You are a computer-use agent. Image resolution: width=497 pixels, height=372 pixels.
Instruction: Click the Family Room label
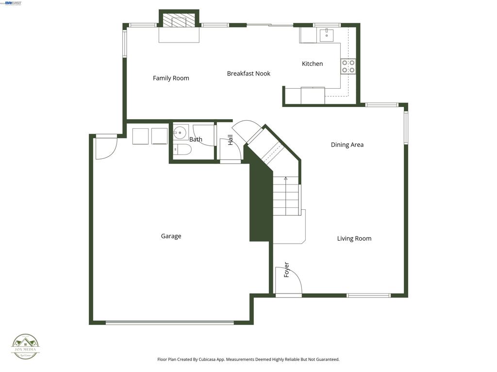171,78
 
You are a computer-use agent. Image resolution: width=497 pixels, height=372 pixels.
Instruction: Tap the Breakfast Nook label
248,74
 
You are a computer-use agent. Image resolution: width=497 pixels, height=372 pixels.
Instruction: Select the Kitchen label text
312,64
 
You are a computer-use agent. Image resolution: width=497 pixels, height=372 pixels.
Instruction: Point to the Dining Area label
347,145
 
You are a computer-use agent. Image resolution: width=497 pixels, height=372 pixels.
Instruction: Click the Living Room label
354,238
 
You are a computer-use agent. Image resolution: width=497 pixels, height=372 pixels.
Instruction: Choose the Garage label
171,236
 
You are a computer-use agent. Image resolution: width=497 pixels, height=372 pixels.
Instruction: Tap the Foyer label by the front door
286,270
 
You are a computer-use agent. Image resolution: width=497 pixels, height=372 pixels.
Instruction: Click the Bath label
196,139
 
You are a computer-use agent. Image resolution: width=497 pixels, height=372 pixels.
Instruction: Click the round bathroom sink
181,132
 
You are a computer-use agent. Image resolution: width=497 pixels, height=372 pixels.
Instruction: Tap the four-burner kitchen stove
348,66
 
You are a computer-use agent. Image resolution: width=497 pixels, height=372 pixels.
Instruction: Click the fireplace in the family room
179,22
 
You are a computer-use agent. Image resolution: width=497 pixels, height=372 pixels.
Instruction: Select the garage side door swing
106,148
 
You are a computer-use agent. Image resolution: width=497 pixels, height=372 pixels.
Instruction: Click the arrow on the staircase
285,179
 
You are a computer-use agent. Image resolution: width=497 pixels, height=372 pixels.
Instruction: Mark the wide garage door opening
169,322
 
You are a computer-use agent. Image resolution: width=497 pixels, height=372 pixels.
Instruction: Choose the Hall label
231,139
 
